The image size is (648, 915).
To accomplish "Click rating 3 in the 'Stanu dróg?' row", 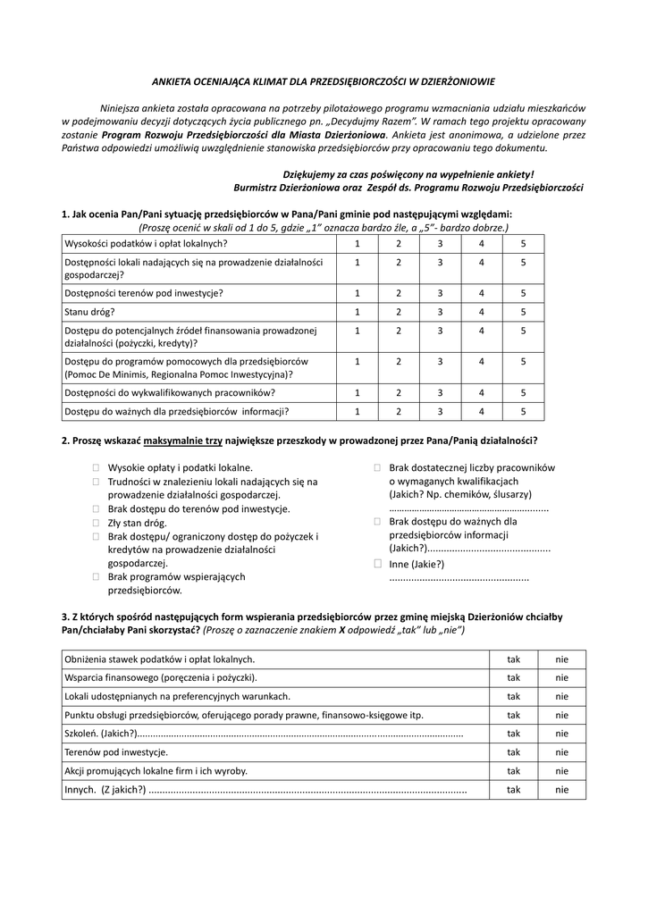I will (x=440, y=312).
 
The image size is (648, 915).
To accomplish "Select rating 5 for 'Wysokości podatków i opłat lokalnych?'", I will (x=524, y=243).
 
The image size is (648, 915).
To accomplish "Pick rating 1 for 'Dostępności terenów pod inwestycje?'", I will (x=357, y=292).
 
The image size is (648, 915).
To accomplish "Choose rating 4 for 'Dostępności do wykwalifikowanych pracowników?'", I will (x=482, y=392).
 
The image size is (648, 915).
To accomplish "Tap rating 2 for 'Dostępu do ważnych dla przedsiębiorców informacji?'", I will (x=399, y=412).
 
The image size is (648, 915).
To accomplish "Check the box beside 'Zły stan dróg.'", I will (x=96, y=523).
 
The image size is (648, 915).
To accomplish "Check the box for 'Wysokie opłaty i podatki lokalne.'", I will (x=96, y=467).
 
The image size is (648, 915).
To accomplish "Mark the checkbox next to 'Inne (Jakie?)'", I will (x=378, y=564).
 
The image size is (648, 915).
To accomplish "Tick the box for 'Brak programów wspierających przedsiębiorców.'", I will (x=96, y=577).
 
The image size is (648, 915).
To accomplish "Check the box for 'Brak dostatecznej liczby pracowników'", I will (x=378, y=467).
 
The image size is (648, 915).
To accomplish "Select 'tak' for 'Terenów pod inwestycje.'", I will (x=514, y=752).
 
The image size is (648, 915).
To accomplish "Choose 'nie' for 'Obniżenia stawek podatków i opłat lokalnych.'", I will (x=561, y=659).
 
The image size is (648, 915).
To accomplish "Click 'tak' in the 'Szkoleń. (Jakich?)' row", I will (x=514, y=734).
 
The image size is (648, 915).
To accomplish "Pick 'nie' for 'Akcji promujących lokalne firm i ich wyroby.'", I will (x=561, y=770).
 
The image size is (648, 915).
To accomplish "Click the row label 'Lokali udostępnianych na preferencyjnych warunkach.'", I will (x=177, y=696).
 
